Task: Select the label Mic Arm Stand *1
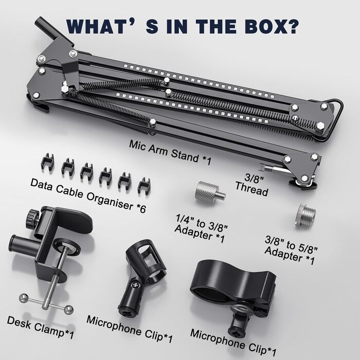pos(170,152)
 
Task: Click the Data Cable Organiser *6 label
pos(88,195)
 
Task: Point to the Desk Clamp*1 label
pos(41,328)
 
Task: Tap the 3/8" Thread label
pos(253,185)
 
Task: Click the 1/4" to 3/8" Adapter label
pos(201,229)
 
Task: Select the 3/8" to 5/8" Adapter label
pos(291,250)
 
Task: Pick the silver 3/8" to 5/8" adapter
pos(305,214)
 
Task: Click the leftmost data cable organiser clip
pos(48,161)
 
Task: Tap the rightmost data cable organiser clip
pos(144,186)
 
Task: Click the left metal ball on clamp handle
pos(24,298)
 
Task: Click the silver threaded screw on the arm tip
pos(273,169)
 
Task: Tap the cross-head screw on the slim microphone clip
pos(135,285)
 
